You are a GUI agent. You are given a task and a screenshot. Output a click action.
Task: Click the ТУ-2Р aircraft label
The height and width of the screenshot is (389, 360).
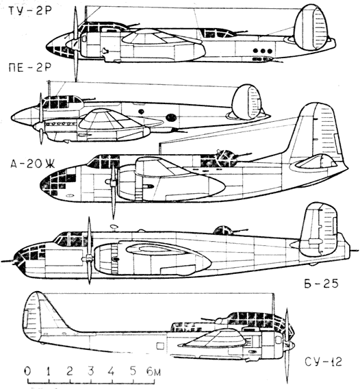29,12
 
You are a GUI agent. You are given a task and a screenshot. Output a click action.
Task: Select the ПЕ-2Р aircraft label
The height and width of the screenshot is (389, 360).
29,68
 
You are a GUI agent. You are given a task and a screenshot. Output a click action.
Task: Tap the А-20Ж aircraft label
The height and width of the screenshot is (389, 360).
33,164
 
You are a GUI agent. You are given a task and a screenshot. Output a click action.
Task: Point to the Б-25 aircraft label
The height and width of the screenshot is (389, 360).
321,284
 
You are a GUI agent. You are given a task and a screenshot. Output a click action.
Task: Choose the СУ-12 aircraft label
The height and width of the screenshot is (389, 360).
323,362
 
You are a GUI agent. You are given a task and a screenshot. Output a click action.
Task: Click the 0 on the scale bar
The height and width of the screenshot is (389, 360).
27,371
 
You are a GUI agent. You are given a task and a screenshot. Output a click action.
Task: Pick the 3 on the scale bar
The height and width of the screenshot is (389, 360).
91,371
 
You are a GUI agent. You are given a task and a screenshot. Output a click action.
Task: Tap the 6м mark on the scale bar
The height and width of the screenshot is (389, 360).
153,371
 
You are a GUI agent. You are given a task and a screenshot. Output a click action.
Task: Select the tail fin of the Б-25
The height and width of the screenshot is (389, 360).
319,229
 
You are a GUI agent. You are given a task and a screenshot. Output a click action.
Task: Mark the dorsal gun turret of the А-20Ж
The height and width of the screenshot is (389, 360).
225,158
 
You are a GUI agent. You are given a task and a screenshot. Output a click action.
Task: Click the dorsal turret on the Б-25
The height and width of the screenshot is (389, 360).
222,231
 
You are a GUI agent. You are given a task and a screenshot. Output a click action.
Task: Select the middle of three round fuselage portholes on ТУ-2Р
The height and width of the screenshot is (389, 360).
263,51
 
